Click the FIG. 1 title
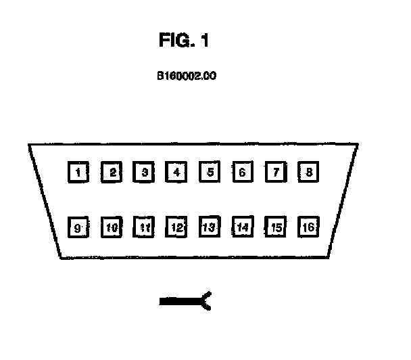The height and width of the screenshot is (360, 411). click(184, 41)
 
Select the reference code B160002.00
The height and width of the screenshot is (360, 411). click(186, 76)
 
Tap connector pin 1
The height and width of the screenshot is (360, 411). click(79, 172)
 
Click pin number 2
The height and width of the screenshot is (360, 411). click(112, 172)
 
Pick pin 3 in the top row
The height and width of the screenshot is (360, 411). click(143, 172)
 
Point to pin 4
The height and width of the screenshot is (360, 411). click(176, 172)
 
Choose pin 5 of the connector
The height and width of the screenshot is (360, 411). click(210, 172)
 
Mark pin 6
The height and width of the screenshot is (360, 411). click(242, 172)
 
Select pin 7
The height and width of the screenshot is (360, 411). click(275, 172)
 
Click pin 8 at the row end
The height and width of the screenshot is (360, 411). click(308, 172)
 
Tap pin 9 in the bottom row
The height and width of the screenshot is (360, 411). click(79, 227)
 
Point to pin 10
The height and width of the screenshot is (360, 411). click(112, 227)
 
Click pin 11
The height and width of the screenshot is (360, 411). click(143, 227)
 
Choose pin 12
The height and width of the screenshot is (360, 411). click(176, 227)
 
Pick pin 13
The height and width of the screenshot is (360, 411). click(210, 227)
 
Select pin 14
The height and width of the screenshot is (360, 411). click(242, 227)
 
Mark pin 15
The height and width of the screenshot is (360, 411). click(275, 227)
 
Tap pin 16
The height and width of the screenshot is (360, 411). click(308, 227)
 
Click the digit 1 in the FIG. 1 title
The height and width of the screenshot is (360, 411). click(204, 41)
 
